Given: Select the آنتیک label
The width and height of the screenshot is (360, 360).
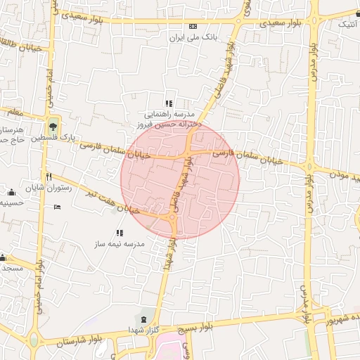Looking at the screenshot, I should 347,24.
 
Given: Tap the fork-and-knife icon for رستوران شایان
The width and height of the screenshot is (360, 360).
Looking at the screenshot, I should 49,176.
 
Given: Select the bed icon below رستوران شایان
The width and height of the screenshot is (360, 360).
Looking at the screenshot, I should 57,207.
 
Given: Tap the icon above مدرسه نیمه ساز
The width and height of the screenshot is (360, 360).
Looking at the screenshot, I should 119,232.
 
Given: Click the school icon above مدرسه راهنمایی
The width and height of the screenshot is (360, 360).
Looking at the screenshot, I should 168,103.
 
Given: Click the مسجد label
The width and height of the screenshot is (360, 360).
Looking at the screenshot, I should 12,268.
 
